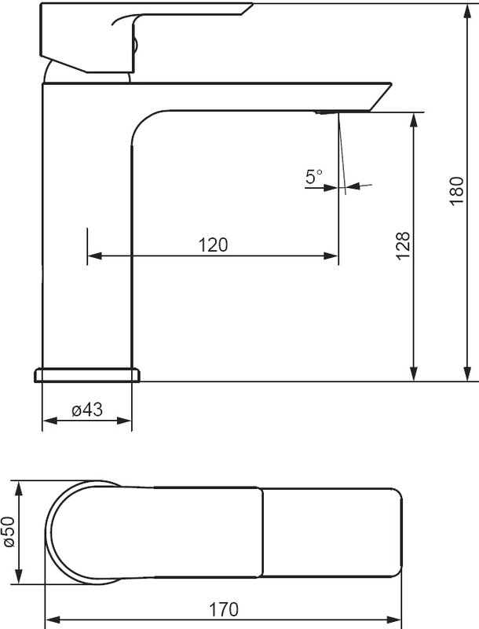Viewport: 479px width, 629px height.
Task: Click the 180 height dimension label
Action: [x=456, y=191]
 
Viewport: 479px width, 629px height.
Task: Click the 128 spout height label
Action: [x=404, y=246]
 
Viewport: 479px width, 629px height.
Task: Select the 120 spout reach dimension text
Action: [x=213, y=245]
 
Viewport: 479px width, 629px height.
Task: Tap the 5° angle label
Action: [x=314, y=176]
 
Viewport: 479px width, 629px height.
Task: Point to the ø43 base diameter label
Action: [x=87, y=410]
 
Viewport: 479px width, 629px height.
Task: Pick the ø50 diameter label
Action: [x=9, y=532]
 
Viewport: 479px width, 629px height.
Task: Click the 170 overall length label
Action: [x=224, y=610]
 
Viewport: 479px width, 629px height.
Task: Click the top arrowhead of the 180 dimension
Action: [x=467, y=11]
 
